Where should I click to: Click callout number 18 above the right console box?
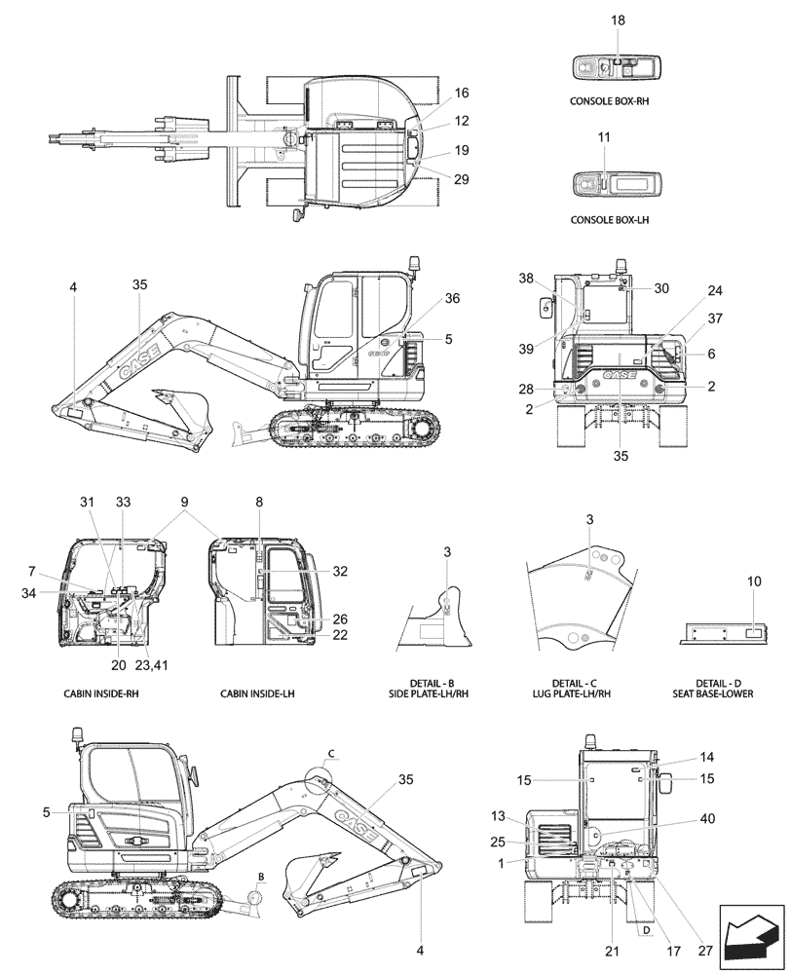click(617, 20)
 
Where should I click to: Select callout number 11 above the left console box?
click(604, 138)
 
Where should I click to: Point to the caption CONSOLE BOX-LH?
click(610, 220)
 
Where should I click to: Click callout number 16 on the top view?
click(462, 93)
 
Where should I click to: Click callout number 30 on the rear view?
click(661, 288)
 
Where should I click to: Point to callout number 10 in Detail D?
click(754, 581)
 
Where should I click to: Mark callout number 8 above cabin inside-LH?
click(259, 501)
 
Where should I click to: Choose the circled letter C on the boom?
click(330, 753)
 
